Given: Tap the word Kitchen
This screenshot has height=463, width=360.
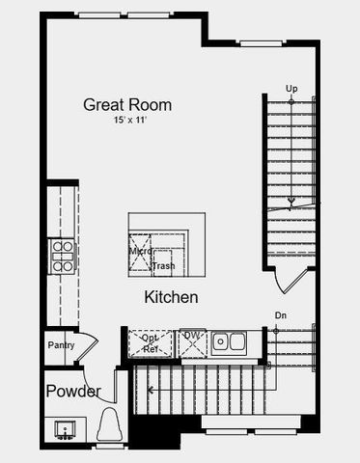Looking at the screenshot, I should (x=172, y=297).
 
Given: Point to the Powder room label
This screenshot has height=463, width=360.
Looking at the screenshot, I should (x=72, y=392).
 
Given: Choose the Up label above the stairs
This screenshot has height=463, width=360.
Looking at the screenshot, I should (x=291, y=89).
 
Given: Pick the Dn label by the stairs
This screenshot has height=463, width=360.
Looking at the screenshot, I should (x=281, y=315).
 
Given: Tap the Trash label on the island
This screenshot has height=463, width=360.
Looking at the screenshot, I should (x=163, y=265).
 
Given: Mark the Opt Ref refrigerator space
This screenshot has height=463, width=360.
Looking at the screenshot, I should (x=151, y=343).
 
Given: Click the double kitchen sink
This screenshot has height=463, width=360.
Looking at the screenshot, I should (x=229, y=340).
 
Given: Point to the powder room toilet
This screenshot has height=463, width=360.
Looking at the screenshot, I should (x=110, y=425).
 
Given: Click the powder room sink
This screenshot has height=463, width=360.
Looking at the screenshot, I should (x=66, y=428).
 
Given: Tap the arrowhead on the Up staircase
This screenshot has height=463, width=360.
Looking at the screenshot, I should (x=291, y=204).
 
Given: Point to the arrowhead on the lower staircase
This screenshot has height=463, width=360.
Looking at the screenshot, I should (x=151, y=389).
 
